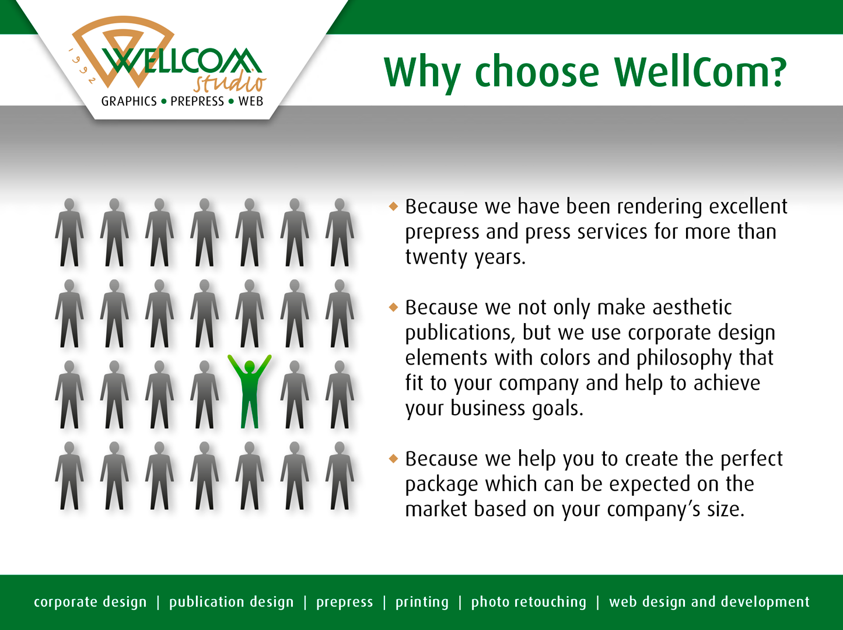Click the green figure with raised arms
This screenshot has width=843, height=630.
pos(249,391)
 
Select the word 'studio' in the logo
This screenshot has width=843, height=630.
pos(230,82)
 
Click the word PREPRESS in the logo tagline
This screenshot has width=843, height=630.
pos(197,101)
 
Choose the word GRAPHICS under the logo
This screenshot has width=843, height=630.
pos(129,101)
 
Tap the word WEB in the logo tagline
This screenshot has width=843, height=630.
pos(251,101)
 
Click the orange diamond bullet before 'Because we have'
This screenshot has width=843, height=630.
pos(393,206)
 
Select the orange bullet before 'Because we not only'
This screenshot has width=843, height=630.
pos(393,307)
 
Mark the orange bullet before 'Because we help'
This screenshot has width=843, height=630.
pos(393,459)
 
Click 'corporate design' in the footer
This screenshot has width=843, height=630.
pos(90,601)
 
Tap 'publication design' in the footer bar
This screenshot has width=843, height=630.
pos(231,601)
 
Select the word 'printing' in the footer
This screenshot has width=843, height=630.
pos(422,602)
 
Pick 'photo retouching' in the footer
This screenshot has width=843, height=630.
pos(529,602)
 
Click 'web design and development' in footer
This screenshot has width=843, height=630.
pos(709,601)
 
